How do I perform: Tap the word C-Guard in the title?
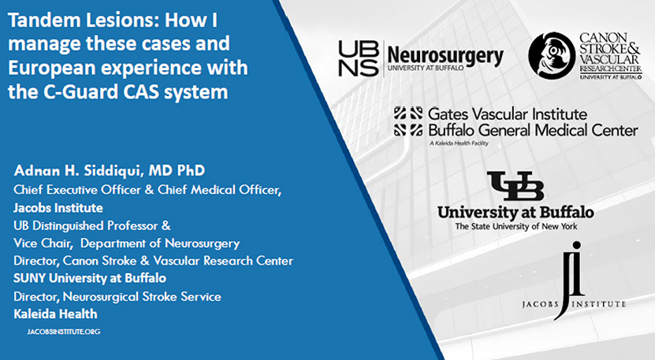[x=79, y=92]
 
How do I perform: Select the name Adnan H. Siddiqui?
[x=79, y=170]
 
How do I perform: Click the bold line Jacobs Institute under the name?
[x=58, y=207]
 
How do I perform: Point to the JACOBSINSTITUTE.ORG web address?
[x=64, y=332]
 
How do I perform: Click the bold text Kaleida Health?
[x=55, y=314]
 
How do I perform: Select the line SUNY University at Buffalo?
[x=90, y=278]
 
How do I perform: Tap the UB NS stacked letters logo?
[x=358, y=59]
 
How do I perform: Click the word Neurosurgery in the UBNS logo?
[x=445, y=56]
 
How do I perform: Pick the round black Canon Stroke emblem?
[x=552, y=56]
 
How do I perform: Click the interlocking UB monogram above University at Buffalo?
[x=515, y=186]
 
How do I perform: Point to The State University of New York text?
[x=516, y=226]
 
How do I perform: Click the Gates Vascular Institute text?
[x=508, y=114]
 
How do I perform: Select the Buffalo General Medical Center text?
[x=533, y=131]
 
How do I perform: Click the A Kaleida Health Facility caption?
[x=458, y=143]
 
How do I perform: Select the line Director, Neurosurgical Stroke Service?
[x=117, y=296]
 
